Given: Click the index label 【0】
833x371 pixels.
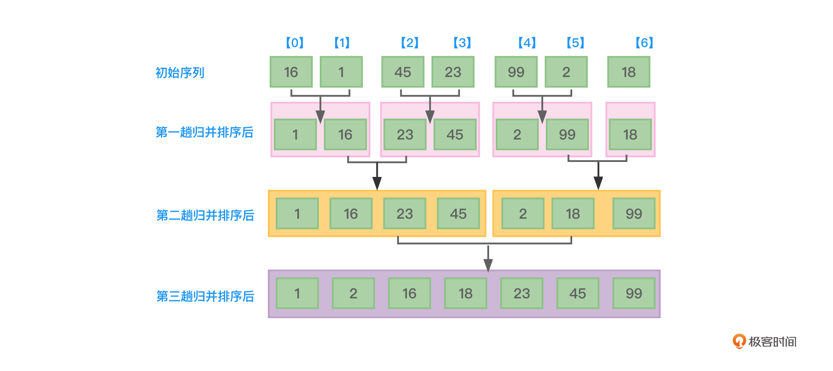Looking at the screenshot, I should pos(295,43).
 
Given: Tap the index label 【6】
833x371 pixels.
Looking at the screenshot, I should pos(644,43).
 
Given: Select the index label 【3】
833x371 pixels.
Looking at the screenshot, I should pos(462,43).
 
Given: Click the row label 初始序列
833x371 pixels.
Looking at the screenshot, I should pos(180,73).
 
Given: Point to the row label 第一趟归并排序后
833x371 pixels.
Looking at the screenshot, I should pos(205,132).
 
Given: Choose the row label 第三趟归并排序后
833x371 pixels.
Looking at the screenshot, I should pos(205,296).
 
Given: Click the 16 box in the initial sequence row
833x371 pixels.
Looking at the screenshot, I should pos(291,72).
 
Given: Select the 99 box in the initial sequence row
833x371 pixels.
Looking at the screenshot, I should pos(516,72).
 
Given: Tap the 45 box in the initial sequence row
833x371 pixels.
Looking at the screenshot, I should pos(402,72).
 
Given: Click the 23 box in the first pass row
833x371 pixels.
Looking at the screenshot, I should pos(405,134).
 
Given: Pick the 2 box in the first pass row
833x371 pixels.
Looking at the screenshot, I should pos(517,134).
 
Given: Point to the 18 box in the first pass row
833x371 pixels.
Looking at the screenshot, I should pos(630,134).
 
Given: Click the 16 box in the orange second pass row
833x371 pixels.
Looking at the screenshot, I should pos(351,214).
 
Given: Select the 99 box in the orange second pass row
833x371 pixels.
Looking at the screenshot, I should pos(634,214).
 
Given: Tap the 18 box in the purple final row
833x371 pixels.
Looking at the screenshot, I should pos(465,293).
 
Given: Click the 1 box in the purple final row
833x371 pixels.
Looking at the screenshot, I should pos(297,293).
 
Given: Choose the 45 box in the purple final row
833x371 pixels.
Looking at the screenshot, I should pos(577,293).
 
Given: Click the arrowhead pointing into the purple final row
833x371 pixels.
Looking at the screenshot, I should pos(488,265).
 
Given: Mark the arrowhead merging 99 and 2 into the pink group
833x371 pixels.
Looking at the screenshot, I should pos(542,117).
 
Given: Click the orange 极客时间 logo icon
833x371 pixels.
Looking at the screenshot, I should pos(739,341).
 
